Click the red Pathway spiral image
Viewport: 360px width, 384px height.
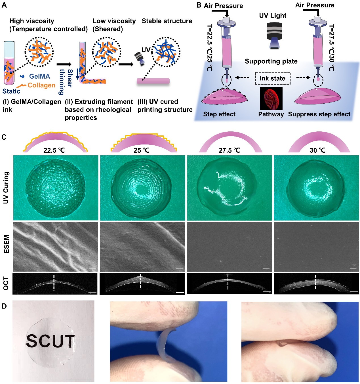271,98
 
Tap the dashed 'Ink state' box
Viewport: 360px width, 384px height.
272,78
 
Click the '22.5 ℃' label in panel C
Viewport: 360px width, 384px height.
54,150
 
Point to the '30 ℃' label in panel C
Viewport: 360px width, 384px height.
317,150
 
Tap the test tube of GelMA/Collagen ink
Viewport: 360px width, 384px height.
9,63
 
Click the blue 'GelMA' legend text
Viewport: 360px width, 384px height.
39,76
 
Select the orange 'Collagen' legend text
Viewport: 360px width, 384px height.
41,85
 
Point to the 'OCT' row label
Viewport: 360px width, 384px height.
6,284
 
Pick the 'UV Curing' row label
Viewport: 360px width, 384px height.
6,188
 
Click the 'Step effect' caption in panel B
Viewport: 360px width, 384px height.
219,114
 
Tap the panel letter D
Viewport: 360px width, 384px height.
4,306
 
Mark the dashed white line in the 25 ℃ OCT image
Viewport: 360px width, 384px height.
140,281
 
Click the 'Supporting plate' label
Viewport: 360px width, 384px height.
271,61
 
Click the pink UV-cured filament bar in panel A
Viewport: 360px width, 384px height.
153,81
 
